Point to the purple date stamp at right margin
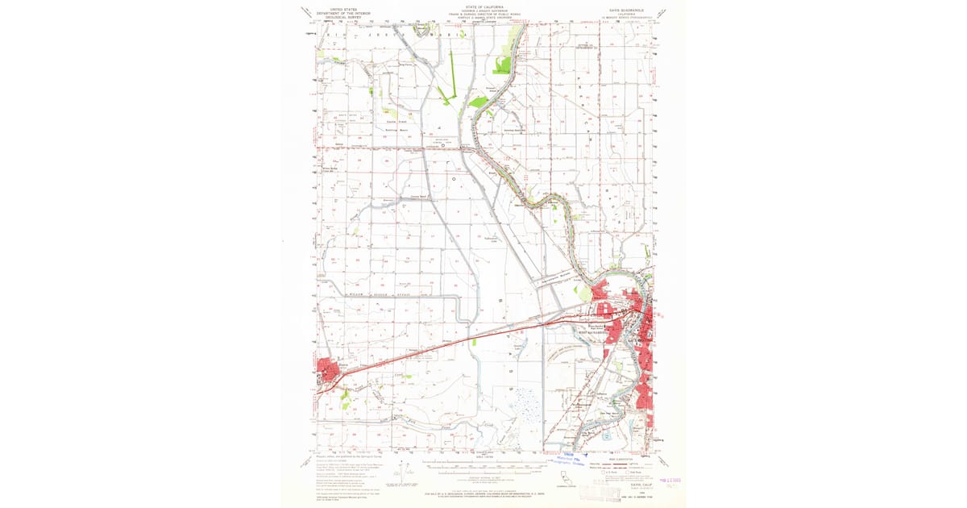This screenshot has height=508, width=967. tap(670, 479)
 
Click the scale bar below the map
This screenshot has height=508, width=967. tap(483, 464)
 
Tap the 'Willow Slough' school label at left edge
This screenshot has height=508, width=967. tap(328, 169)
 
